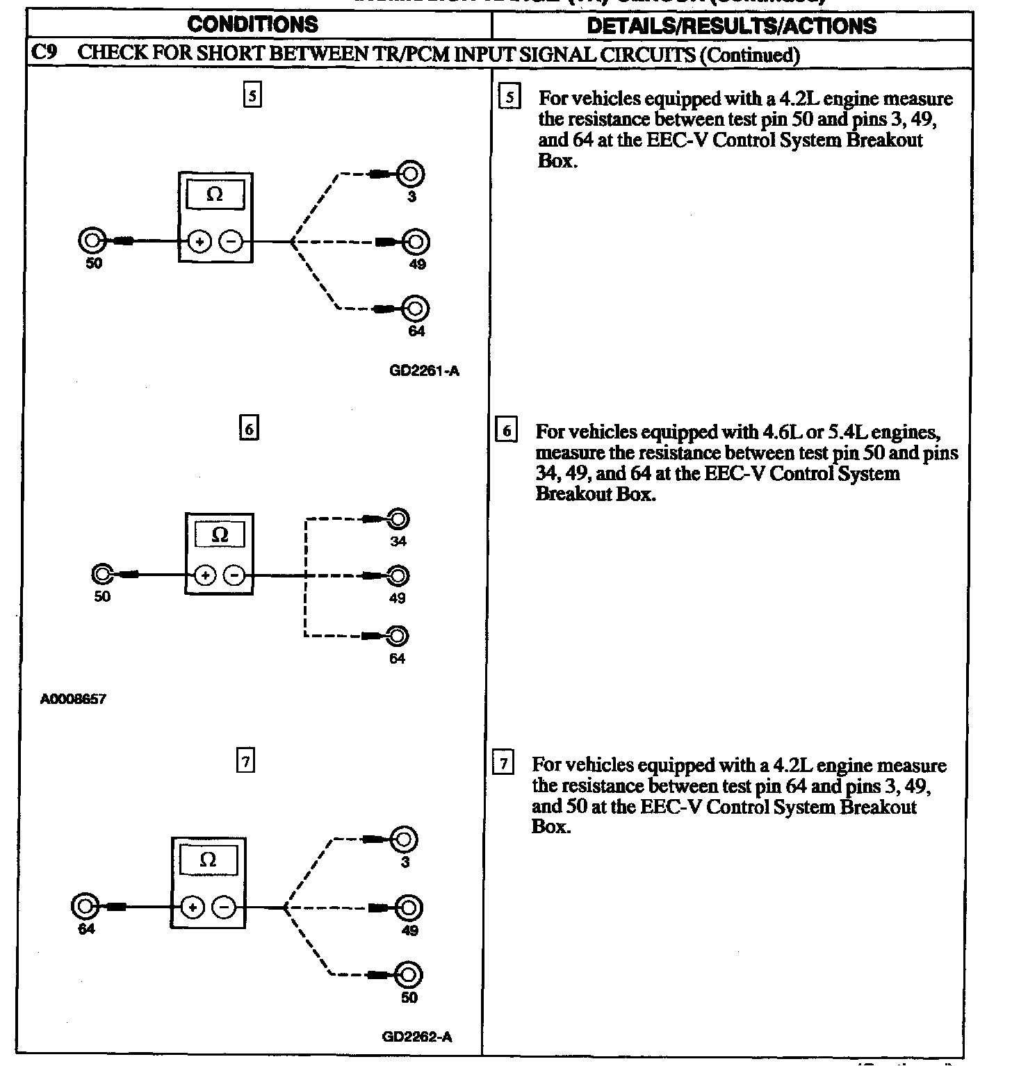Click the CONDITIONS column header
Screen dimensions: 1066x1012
click(253, 25)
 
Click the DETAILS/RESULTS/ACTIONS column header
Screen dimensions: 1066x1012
click(731, 26)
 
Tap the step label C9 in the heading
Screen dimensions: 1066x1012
click(44, 54)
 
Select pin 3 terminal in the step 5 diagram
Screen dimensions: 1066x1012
click(411, 174)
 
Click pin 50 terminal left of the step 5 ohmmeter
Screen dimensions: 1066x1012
click(92, 241)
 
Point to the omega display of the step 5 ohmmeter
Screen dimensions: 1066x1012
click(215, 195)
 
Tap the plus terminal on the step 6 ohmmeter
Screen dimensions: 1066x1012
click(205, 575)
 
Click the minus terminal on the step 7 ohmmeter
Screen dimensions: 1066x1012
click(224, 908)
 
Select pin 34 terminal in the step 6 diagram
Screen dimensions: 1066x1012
click(398, 519)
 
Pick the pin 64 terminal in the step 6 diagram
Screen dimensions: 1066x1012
click(398, 636)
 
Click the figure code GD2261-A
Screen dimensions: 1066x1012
click(425, 371)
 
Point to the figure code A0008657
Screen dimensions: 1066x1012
click(73, 699)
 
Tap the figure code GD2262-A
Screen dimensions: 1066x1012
click(417, 1037)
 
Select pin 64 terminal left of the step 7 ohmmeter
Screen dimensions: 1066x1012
click(85, 907)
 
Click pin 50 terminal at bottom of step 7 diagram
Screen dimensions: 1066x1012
click(409, 975)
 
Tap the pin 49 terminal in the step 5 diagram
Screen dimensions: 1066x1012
click(416, 242)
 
